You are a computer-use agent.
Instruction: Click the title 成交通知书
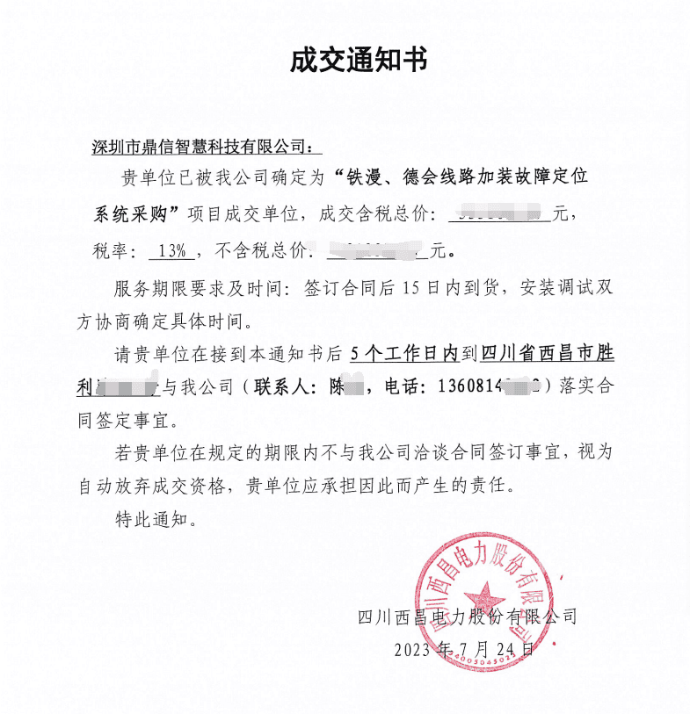tap(359, 61)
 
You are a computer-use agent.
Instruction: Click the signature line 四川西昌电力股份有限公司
tap(468, 617)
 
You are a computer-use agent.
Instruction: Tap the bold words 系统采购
tap(132, 213)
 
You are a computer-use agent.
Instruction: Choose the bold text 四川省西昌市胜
tap(546, 355)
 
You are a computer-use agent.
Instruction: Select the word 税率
tap(113, 251)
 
